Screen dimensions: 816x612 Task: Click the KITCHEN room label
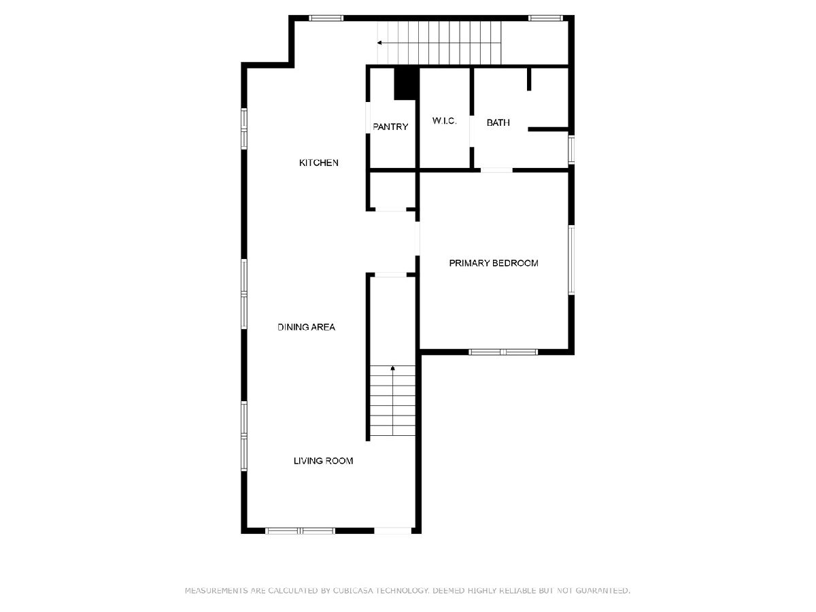[319, 163]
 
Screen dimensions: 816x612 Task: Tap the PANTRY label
[390, 126]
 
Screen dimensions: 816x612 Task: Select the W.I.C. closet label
[444, 121]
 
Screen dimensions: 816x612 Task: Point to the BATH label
[498, 122]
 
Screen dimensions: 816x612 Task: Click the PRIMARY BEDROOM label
[494, 263]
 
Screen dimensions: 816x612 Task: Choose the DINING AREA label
[306, 327]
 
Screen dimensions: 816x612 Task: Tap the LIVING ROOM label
[324, 461]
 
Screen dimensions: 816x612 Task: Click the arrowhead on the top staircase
[379, 43]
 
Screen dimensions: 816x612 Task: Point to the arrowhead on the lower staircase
[392, 369]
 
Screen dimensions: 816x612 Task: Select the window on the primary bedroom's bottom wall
[503, 352]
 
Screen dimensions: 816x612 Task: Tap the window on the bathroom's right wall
[571, 150]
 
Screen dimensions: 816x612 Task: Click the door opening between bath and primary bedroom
[496, 170]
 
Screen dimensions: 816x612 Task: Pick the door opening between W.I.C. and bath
[472, 131]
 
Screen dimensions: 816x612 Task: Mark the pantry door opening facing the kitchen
[368, 118]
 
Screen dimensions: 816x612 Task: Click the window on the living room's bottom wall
[300, 531]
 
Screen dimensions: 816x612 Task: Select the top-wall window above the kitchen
[326, 18]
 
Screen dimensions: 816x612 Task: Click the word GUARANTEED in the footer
[602, 590]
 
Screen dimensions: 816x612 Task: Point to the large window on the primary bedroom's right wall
[571, 260]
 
